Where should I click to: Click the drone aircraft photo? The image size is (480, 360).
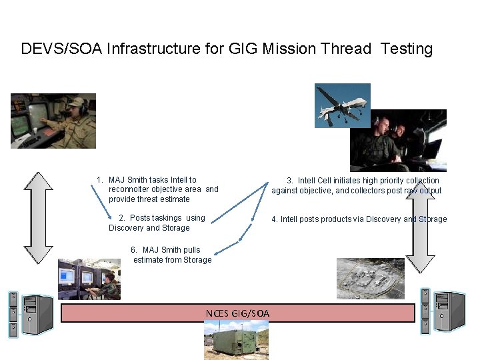[x=342, y=105]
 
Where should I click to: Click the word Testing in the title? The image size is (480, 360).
[x=407, y=49]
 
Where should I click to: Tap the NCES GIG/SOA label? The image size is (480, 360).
[x=238, y=313]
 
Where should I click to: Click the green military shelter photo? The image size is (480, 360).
[x=236, y=341]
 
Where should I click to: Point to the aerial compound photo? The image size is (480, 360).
[x=370, y=278]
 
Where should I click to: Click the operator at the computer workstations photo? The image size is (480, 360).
[x=89, y=279]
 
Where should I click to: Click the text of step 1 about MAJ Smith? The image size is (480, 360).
[x=157, y=189]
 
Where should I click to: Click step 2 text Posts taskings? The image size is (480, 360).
[x=157, y=223]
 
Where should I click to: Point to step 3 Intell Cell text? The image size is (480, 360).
[x=357, y=185]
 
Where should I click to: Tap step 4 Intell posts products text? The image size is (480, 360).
[x=359, y=219]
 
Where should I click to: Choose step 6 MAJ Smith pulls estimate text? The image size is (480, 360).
[x=171, y=255]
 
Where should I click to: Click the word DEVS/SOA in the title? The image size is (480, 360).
[x=61, y=49]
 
